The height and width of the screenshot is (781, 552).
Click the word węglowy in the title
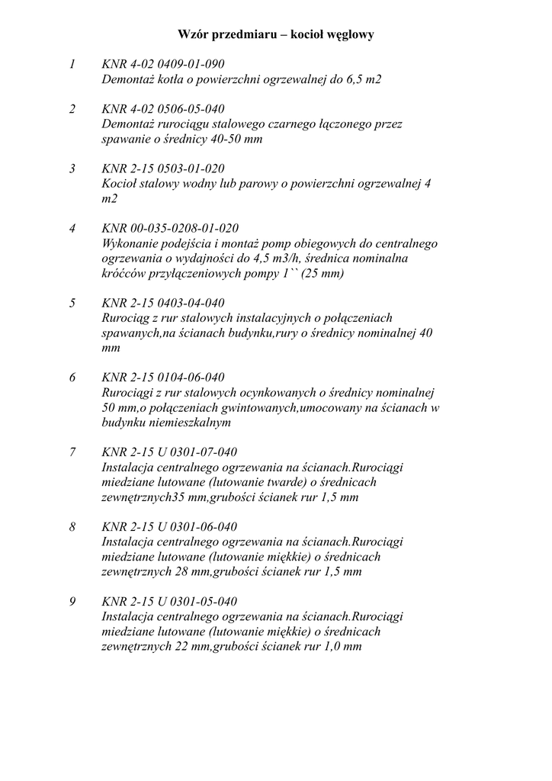pos(347,35)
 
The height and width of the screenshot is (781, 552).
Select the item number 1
pos(72,64)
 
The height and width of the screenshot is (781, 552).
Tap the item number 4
pos(72,228)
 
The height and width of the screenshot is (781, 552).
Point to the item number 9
pos(72,601)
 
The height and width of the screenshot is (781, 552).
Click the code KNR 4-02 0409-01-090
pos(163,64)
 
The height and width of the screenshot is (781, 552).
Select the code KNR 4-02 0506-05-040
pos(163,109)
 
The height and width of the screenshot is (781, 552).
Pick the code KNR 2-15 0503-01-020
pos(163,169)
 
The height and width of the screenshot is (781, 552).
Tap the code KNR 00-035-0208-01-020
pos(170,228)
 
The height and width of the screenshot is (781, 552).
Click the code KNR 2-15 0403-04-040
pos(163,303)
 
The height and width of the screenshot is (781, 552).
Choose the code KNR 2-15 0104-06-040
pos(163,378)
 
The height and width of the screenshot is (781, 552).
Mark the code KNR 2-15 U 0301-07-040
pos(169,452)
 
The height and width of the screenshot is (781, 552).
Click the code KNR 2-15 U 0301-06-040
pos(169,527)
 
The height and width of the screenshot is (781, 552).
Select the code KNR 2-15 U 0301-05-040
pos(169,601)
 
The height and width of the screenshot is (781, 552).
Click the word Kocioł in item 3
pos(118,184)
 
